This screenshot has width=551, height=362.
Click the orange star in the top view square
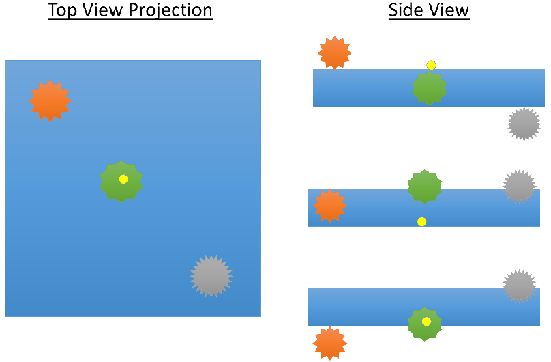tap(50, 101)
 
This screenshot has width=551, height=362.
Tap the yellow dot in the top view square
tap(123, 179)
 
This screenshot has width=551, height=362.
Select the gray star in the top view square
tap(211, 276)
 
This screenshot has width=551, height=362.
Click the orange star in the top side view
tap(335, 53)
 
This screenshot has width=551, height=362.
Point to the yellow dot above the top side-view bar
tap(431, 65)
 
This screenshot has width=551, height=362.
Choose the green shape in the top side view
tap(430, 87)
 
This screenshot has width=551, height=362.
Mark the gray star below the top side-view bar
tap(524, 124)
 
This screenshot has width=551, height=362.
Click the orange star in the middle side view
tap(330, 206)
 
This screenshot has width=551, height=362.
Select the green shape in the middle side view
tap(424, 186)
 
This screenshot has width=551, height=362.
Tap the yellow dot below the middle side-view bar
tap(422, 221)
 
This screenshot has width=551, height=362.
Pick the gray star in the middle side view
tap(519, 186)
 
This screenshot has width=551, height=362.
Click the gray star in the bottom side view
tap(519, 286)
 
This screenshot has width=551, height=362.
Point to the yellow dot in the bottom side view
tap(426, 321)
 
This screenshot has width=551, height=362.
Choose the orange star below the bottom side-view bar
tap(330, 343)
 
